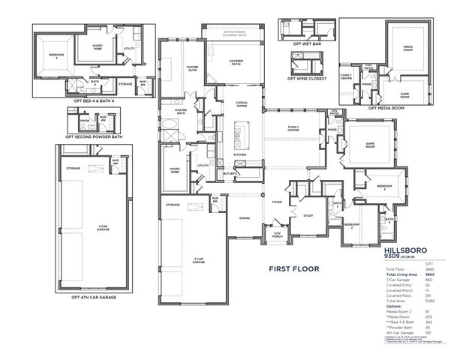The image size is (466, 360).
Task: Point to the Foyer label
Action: pyautogui.click(x=276, y=202)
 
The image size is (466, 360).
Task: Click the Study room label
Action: pyautogui.click(x=307, y=216)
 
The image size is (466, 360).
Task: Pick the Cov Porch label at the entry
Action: pyautogui.click(x=277, y=233)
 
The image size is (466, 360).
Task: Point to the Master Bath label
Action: pyautogui.click(x=181, y=112)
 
